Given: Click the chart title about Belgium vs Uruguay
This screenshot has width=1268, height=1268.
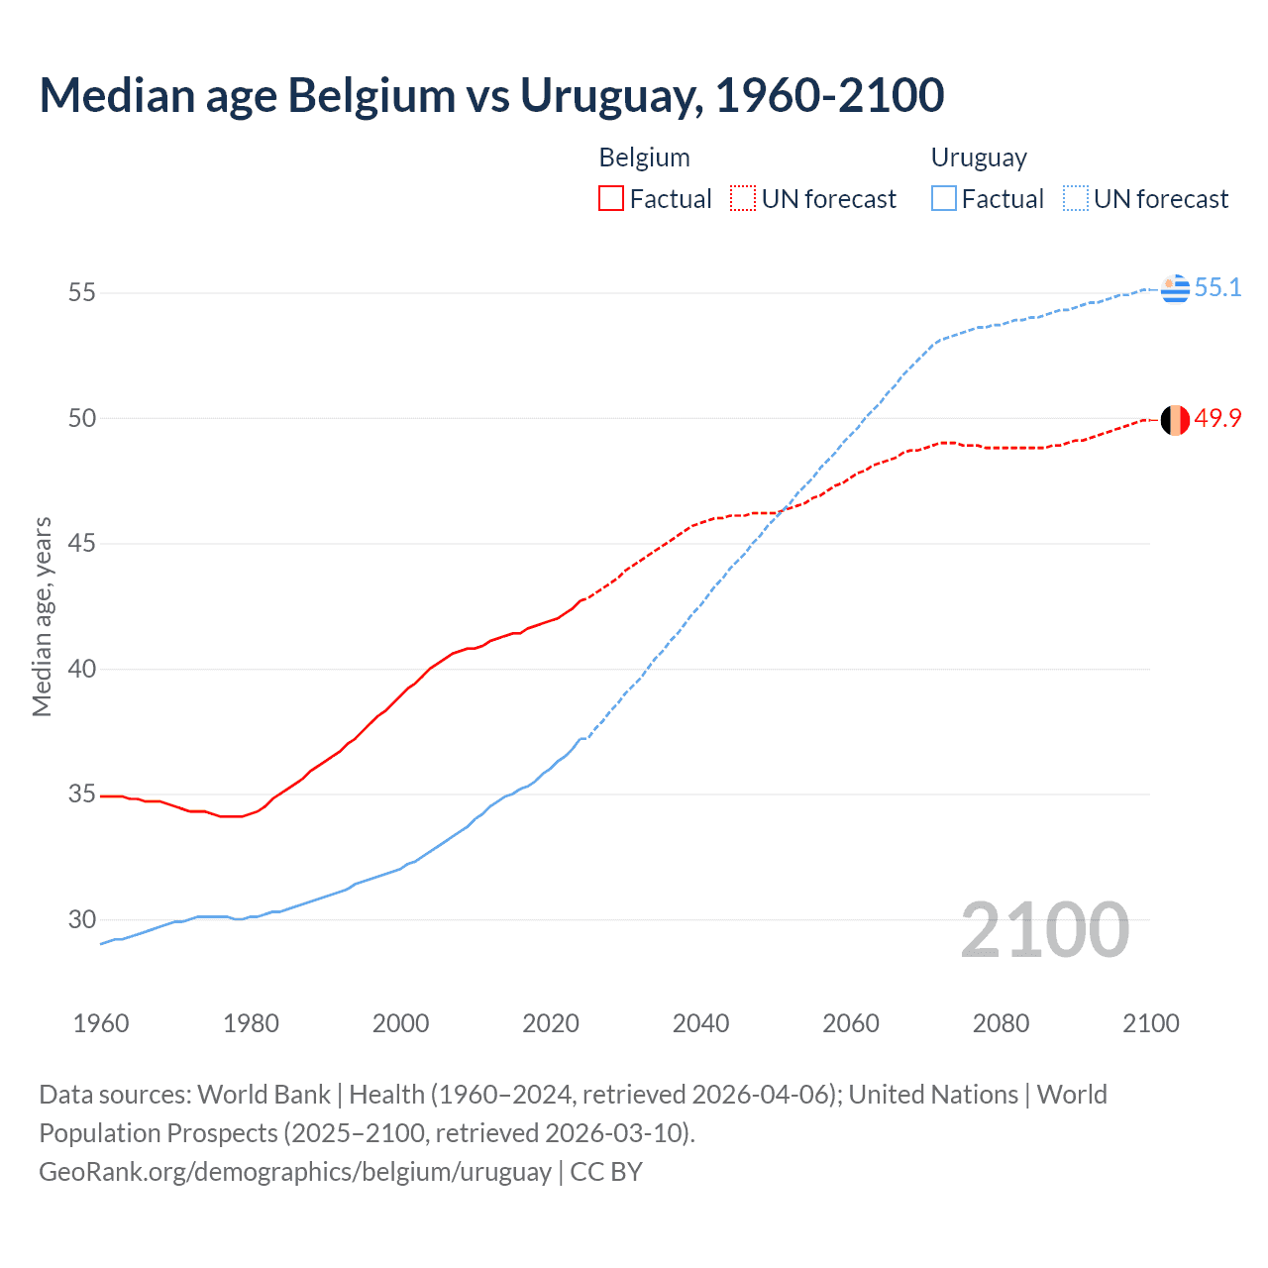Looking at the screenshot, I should (x=491, y=95).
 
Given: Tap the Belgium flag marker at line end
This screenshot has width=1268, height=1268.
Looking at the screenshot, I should (x=1175, y=420).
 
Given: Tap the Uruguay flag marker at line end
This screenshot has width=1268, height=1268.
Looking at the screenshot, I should (x=1175, y=288).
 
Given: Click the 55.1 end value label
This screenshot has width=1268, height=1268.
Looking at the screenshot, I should (x=1217, y=287).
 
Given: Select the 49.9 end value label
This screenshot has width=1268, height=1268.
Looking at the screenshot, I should (x=1217, y=418).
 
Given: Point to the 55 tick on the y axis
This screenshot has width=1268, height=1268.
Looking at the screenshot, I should (x=82, y=292).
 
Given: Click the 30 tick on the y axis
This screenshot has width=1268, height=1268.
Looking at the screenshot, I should (x=82, y=919).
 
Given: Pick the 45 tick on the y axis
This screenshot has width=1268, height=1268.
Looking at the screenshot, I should (x=82, y=543).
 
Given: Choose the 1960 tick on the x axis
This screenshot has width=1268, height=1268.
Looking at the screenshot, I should (x=101, y=1023).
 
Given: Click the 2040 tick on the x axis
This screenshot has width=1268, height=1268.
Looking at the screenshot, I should (x=700, y=1023).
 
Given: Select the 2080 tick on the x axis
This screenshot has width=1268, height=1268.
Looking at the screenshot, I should (x=1001, y=1023).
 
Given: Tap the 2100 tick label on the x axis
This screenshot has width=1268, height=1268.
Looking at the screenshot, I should (x=1150, y=1023).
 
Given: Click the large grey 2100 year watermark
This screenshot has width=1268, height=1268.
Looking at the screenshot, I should (x=1045, y=929).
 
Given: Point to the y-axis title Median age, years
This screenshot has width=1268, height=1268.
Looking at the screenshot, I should (x=42, y=616).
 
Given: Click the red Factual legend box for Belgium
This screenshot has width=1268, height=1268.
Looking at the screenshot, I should (x=611, y=199).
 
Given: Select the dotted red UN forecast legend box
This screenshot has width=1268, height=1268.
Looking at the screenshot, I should (x=743, y=199).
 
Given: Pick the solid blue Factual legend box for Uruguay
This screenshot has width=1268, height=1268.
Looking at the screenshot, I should (x=944, y=199).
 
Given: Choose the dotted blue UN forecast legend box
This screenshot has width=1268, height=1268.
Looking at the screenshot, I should (x=1075, y=199).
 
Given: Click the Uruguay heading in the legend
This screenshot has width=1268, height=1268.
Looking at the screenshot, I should (x=979, y=158).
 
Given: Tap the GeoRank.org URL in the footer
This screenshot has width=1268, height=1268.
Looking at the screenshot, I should (x=295, y=1171).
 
